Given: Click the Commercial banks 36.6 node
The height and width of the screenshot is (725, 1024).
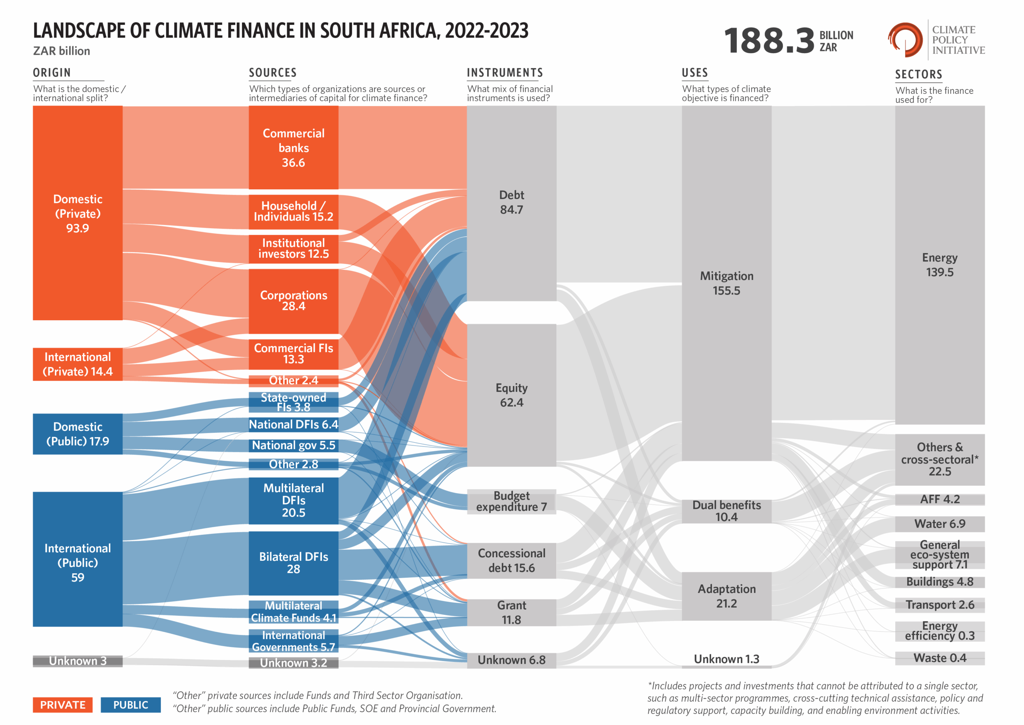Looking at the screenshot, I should coord(293,147).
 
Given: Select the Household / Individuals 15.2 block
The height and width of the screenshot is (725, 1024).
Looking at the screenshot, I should coord(293,212).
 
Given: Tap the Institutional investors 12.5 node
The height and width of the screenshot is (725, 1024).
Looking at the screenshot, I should coord(293,249).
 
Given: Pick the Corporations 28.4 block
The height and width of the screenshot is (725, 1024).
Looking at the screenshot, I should coord(293,301).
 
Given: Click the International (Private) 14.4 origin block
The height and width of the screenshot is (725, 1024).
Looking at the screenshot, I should coord(78,364).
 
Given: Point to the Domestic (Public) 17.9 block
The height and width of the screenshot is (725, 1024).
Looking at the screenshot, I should coord(78,434).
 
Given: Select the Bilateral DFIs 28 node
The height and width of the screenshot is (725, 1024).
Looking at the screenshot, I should coord(293,562).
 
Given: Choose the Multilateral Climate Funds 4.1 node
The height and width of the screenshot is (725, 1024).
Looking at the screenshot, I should coord(293,612).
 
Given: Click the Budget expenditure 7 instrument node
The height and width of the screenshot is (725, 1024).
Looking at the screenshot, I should coord(511,501).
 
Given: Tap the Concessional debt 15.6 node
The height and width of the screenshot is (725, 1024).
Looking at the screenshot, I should coord(511,560).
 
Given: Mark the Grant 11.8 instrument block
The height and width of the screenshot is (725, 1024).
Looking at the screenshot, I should coord(511,612).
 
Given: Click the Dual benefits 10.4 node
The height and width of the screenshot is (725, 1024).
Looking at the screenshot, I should coord(726,511).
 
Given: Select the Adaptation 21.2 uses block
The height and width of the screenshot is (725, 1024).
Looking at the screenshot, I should coord(726,596).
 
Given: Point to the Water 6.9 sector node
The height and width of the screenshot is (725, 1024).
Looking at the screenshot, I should coord(939,524).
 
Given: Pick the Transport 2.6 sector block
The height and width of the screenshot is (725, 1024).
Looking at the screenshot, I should coord(939,605).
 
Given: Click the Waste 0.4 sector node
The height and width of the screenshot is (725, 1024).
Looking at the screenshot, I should coord(939,658).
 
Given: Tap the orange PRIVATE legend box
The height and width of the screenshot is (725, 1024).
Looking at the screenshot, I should coord(62,705).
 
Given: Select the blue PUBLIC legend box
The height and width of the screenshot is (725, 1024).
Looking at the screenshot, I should coord(130,705).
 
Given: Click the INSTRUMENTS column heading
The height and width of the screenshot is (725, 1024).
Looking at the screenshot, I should coord(504,73).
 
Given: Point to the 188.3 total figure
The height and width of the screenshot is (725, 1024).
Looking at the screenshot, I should coord(769,41).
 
